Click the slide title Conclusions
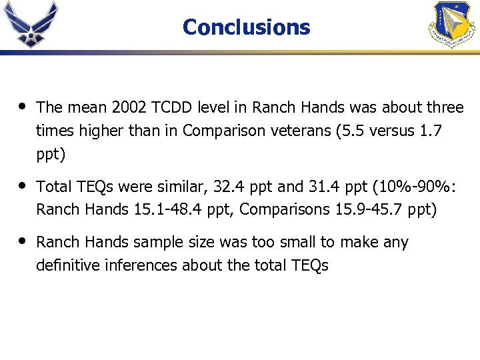pos(246,27)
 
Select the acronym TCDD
pos(170,107)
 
